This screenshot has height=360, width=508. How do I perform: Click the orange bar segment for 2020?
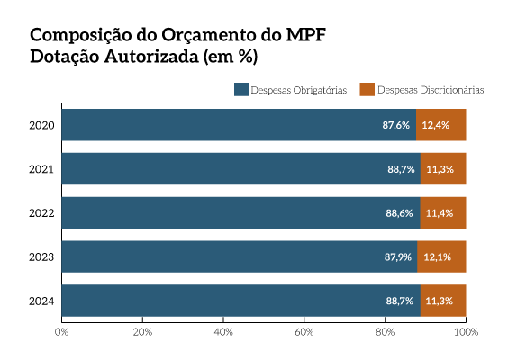tap(440, 125)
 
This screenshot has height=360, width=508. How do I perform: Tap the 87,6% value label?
tap(396, 125)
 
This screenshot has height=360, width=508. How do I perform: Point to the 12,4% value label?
tap(436, 125)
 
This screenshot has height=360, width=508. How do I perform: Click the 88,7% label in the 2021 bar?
tap(401, 169)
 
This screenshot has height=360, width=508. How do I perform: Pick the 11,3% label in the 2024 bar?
tap(440, 301)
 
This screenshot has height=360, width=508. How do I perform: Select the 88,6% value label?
tap(399, 213)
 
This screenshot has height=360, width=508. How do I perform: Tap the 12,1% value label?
tap(438, 257)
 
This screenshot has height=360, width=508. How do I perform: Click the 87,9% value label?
tap(397, 257)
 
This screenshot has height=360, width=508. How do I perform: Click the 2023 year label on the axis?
tap(41, 257)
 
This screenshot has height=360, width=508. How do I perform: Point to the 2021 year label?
tap(41, 169)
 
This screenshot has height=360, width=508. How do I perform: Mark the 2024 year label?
tap(41, 301)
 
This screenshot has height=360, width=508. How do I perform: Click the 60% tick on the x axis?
tap(304, 332)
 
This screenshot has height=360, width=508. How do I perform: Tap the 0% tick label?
tap(62, 332)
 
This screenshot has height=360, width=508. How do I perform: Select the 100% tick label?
tap(466, 332)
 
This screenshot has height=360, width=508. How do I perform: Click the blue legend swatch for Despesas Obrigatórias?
tap(240, 90)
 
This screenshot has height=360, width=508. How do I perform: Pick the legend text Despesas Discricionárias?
tap(431, 90)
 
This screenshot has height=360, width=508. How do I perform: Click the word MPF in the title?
tap(303, 37)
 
